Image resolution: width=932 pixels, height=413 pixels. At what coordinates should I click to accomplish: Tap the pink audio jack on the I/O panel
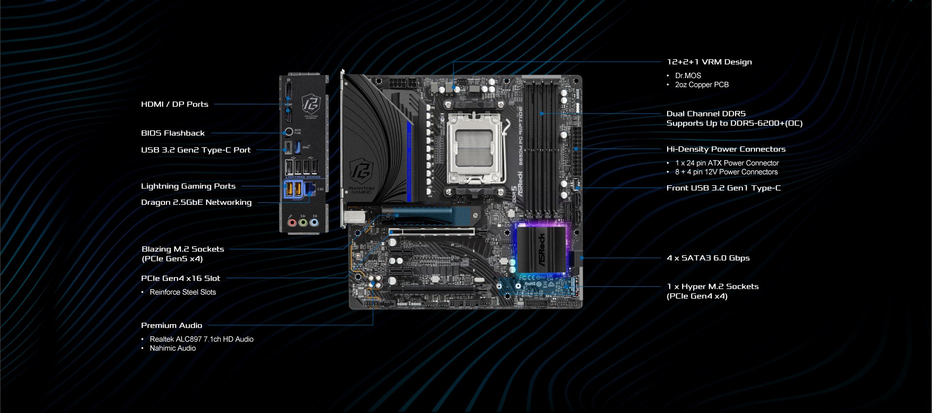pyautogui.click(x=292, y=223)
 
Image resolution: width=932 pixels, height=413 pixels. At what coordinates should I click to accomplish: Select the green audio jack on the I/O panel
pyautogui.click(x=303, y=223)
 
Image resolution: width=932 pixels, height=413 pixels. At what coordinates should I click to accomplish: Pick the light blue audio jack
pyautogui.click(x=314, y=223)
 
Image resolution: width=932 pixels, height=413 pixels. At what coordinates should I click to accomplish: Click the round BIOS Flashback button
pyautogui.click(x=289, y=132)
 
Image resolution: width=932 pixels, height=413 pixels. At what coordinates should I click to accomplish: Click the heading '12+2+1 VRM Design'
pyautogui.click(x=709, y=62)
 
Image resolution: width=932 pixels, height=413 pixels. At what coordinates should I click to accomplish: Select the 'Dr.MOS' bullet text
pyautogui.click(x=687, y=76)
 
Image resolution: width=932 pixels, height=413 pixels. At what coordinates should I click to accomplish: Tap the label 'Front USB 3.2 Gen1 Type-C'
pyautogui.click(x=723, y=188)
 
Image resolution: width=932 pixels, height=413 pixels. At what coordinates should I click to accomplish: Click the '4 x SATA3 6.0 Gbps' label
pyautogui.click(x=708, y=258)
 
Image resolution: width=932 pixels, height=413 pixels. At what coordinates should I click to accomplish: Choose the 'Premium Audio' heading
pyautogui.click(x=171, y=326)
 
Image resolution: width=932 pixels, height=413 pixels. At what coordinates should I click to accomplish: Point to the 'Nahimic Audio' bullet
pyautogui.click(x=172, y=348)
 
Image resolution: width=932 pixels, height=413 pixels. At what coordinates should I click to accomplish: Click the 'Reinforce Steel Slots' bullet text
pyautogui.click(x=182, y=292)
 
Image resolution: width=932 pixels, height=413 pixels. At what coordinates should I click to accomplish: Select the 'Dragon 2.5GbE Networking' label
pyautogui.click(x=196, y=202)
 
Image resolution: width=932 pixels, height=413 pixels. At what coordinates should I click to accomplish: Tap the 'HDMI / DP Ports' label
pyautogui.click(x=174, y=104)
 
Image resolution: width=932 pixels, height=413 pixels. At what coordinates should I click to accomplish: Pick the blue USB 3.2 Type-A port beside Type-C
pyautogui.click(x=298, y=147)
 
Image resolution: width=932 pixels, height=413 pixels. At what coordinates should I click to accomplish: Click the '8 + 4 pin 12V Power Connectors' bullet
pyautogui.click(x=726, y=172)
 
